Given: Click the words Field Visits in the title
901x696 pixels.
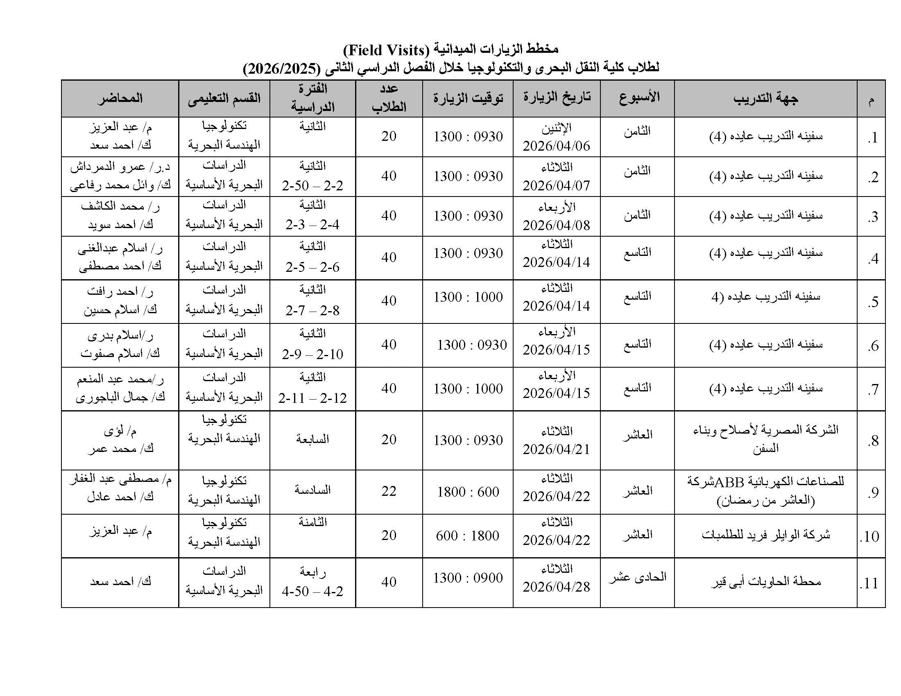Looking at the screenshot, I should point(386,50).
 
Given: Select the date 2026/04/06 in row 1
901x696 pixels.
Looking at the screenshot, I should point(556,146).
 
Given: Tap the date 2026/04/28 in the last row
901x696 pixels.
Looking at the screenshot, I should point(556,587).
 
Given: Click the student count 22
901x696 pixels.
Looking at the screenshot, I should point(389,491).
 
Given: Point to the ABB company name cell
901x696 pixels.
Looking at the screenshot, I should point(765,481).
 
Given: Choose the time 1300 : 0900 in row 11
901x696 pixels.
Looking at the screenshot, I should point(468,578).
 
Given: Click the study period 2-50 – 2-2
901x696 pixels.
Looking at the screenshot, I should point(312,185).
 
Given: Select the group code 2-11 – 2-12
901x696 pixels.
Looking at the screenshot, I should point(312,398).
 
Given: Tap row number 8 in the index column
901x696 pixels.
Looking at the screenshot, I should point(872,441).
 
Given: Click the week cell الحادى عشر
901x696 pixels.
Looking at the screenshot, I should point(637,577).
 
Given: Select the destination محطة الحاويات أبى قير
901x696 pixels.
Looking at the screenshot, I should point(765,581).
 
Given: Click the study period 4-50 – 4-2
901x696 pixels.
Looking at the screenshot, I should point(312,591).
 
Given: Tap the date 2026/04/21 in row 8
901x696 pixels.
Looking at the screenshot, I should point(556,449).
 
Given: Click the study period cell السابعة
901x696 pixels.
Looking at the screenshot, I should point(312,439).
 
